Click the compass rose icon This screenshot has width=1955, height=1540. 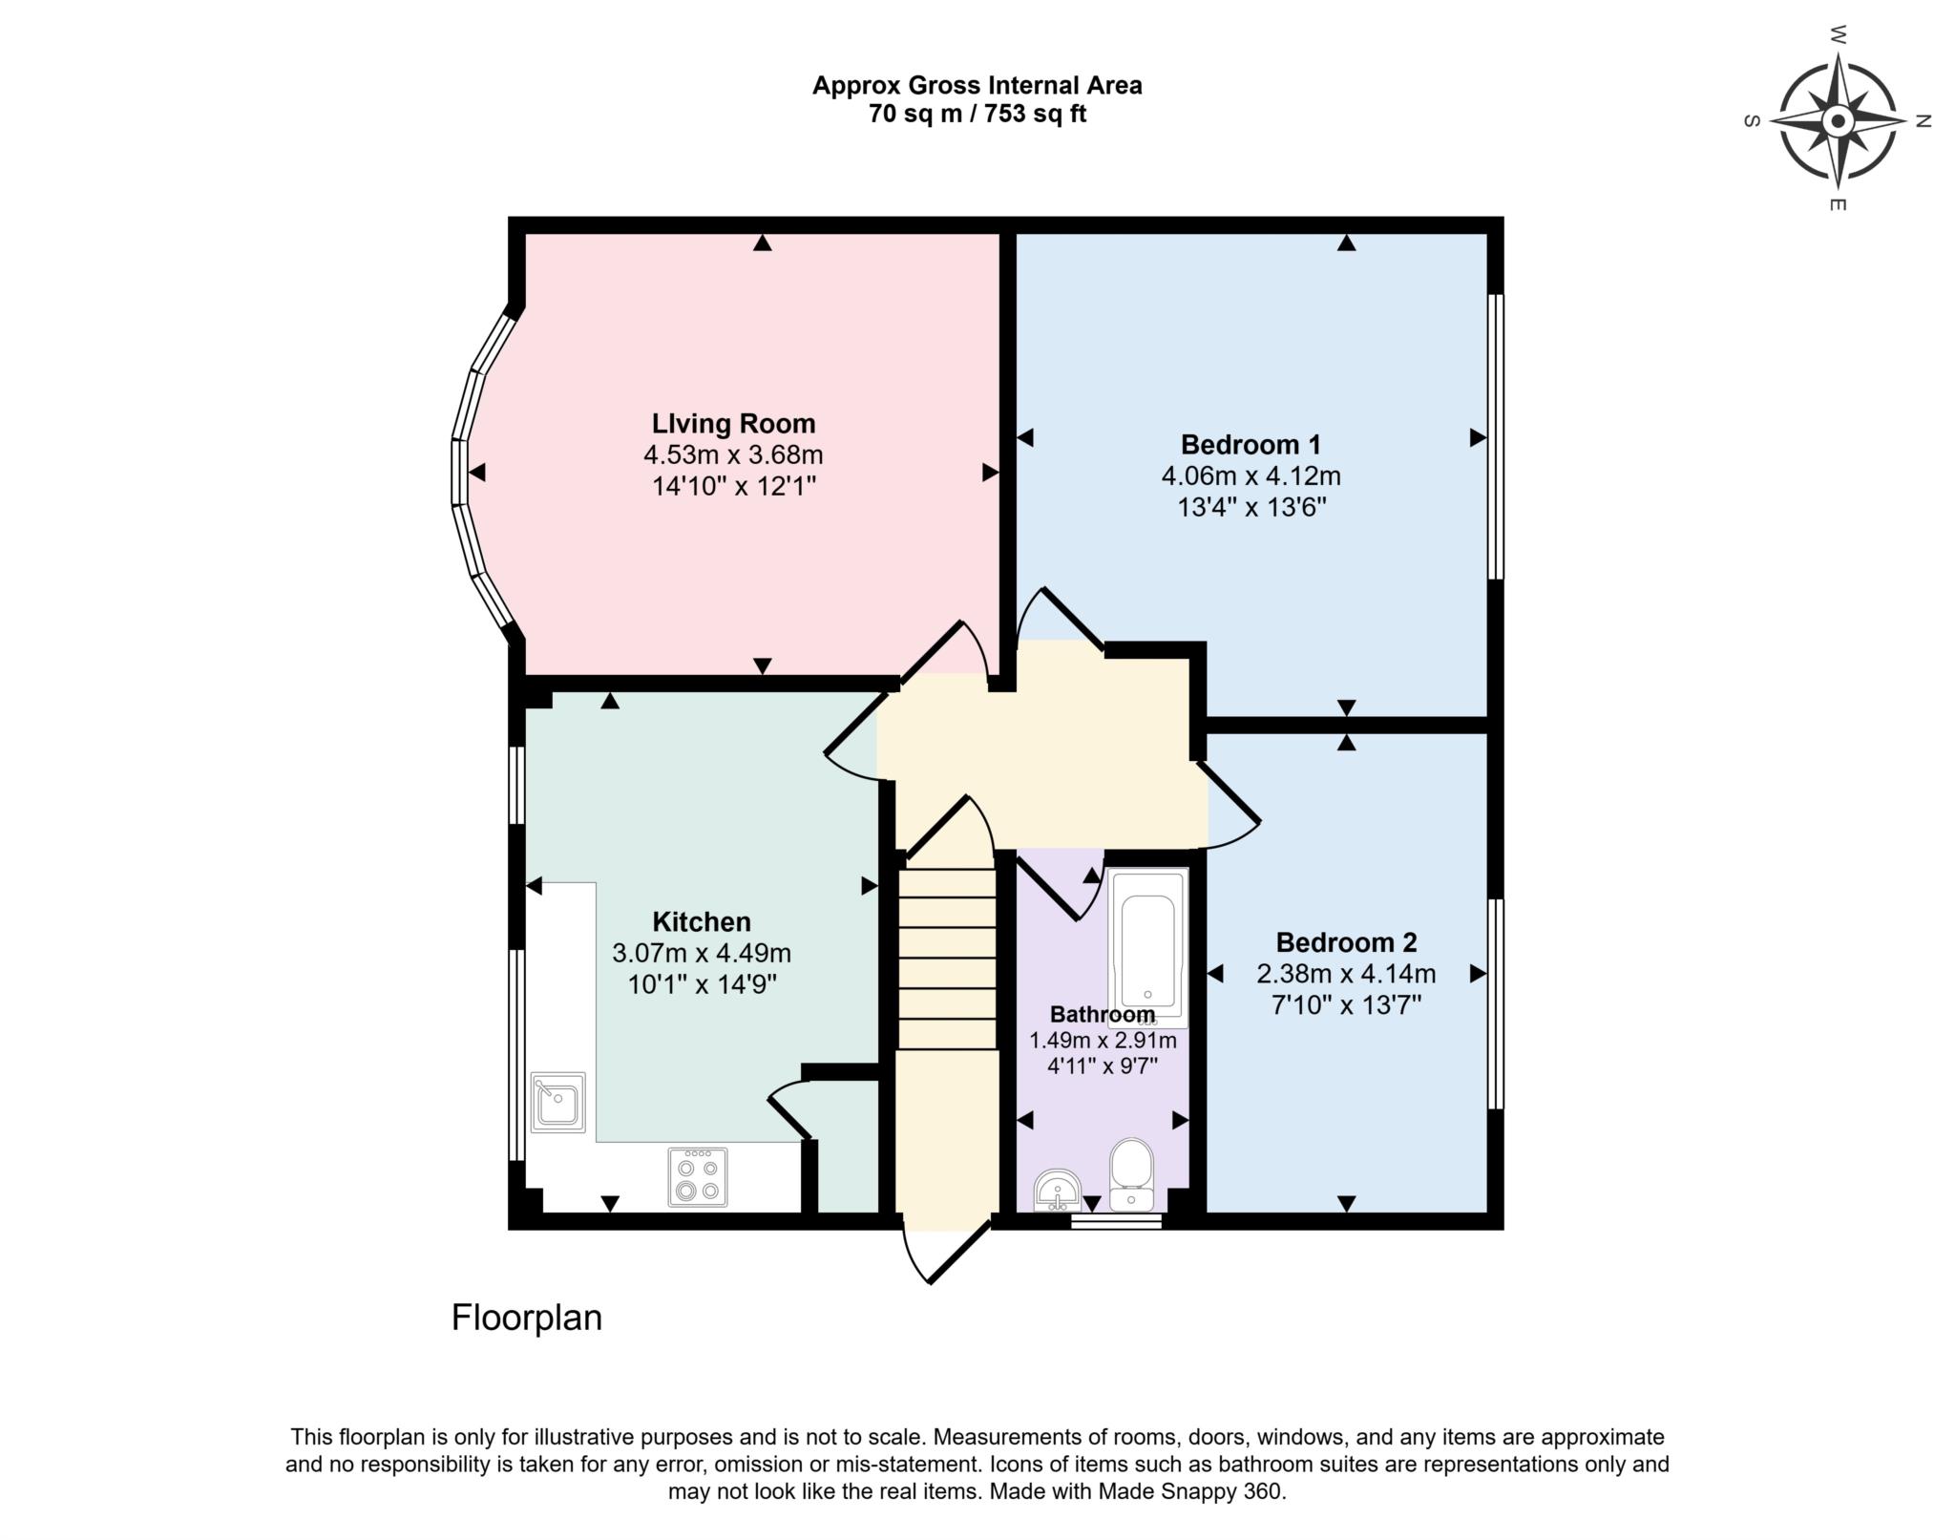[x=1837, y=121]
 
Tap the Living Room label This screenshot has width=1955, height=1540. [x=733, y=423]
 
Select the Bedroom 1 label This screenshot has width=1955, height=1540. [x=1251, y=444]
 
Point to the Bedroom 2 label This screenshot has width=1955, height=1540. [x=1346, y=942]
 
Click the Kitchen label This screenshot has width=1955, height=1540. [x=702, y=921]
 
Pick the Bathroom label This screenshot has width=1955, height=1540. [x=1103, y=1014]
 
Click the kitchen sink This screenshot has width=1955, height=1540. [x=558, y=1102]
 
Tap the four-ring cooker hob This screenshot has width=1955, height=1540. [x=697, y=1176]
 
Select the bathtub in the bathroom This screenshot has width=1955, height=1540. [x=1147, y=947]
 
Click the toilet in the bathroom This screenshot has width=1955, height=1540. [x=1132, y=1174]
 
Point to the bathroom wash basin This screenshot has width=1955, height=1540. [x=1058, y=1190]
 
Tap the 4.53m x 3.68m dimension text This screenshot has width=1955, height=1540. [x=733, y=454]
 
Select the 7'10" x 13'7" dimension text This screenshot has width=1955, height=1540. [x=1346, y=1004]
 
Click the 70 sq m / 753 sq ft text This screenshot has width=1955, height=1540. [x=977, y=115]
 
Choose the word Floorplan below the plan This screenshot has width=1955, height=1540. [x=527, y=1318]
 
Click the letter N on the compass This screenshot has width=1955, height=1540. [x=1923, y=121]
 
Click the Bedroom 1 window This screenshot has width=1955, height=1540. [x=1496, y=436]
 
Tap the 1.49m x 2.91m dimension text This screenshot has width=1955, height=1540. [x=1103, y=1041]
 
